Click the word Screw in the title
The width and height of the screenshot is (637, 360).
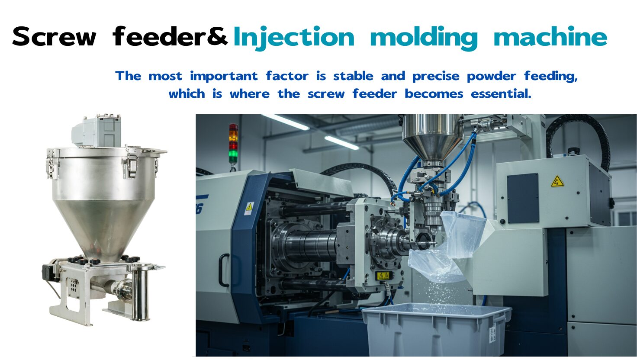(x=55, y=36)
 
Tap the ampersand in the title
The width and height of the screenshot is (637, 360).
(x=217, y=36)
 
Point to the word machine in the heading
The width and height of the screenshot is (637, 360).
(x=550, y=36)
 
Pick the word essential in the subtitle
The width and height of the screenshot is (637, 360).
(x=501, y=93)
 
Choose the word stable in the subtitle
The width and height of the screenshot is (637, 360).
(x=353, y=76)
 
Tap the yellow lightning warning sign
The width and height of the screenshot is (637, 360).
(x=557, y=181)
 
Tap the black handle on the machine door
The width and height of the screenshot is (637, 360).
(x=223, y=270)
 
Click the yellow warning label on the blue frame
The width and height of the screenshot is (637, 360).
(x=249, y=208)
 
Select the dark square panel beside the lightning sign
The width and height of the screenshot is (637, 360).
(x=523, y=199)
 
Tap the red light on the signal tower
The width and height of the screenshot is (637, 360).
(x=234, y=145)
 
